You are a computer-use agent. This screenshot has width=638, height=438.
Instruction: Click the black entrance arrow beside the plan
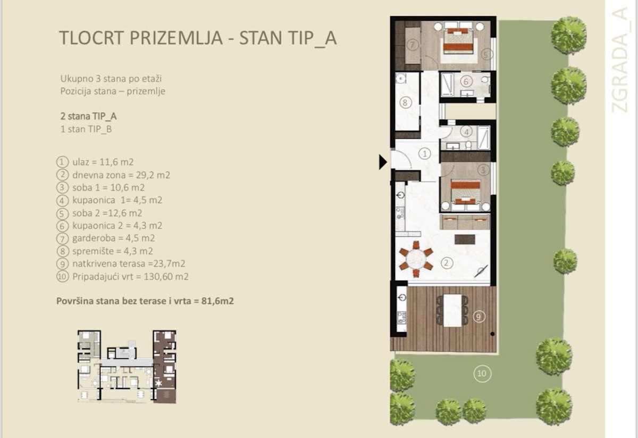pyautogui.click(x=382, y=162)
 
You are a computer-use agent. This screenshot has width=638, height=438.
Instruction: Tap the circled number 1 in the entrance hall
pyautogui.click(x=425, y=154)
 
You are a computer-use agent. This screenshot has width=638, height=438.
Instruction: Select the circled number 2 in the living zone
pyautogui.click(x=446, y=262)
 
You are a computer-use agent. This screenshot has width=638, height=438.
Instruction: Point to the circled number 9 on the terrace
pyautogui.click(x=478, y=317)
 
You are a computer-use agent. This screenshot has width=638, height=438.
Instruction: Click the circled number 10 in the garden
pyautogui.click(x=482, y=374)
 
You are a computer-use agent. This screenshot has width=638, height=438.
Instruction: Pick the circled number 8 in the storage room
pyautogui.click(x=405, y=102)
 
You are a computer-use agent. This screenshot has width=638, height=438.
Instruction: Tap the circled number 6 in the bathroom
pyautogui.click(x=466, y=82)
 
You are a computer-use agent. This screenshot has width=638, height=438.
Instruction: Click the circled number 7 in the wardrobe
pyautogui.click(x=413, y=45)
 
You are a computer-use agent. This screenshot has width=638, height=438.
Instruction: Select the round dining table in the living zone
pyautogui.click(x=416, y=259)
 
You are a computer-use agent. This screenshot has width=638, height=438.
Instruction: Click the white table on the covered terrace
pyautogui.click(x=452, y=310)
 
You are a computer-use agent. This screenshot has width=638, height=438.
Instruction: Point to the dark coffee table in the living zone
pyautogui.click(x=465, y=239)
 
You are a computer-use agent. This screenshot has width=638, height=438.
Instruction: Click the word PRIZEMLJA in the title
pyautogui.click(x=176, y=38)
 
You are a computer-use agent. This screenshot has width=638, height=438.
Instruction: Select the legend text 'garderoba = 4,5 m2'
pyautogui.click(x=114, y=238)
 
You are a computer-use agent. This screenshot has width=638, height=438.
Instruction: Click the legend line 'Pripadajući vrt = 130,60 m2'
pyautogui.click(x=130, y=277)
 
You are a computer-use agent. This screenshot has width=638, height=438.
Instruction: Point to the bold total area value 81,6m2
pyautogui.click(x=217, y=301)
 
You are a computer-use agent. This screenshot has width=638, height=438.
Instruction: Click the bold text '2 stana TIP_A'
pyautogui.click(x=89, y=117)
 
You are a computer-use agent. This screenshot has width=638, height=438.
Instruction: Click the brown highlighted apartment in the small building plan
pyautogui.click(x=164, y=367)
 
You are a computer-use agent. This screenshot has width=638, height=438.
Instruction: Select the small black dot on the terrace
pyautogui.click(x=492, y=334)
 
